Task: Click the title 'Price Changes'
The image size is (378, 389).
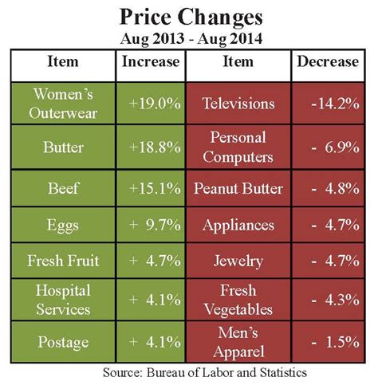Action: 189,18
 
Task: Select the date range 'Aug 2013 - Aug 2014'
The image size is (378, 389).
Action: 189,39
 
